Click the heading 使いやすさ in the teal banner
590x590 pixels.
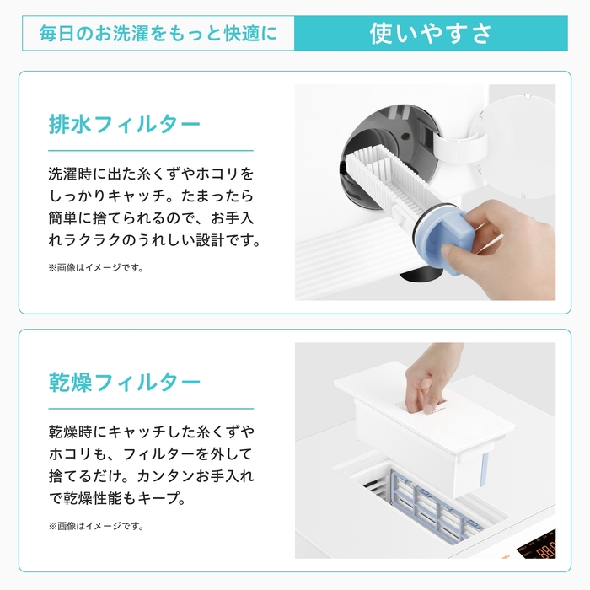(431, 34)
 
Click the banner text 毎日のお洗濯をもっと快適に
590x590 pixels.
(158, 34)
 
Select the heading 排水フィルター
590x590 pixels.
(125, 124)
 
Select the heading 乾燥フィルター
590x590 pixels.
(125, 383)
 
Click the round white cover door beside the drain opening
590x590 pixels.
(519, 147)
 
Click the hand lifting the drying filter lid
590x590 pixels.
(429, 380)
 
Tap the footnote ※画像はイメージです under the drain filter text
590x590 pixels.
(96, 268)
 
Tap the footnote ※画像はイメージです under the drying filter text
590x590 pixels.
(96, 526)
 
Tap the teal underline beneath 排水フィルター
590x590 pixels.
(151, 151)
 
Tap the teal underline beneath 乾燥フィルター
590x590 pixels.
(151, 409)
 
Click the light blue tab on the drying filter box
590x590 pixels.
(485, 469)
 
